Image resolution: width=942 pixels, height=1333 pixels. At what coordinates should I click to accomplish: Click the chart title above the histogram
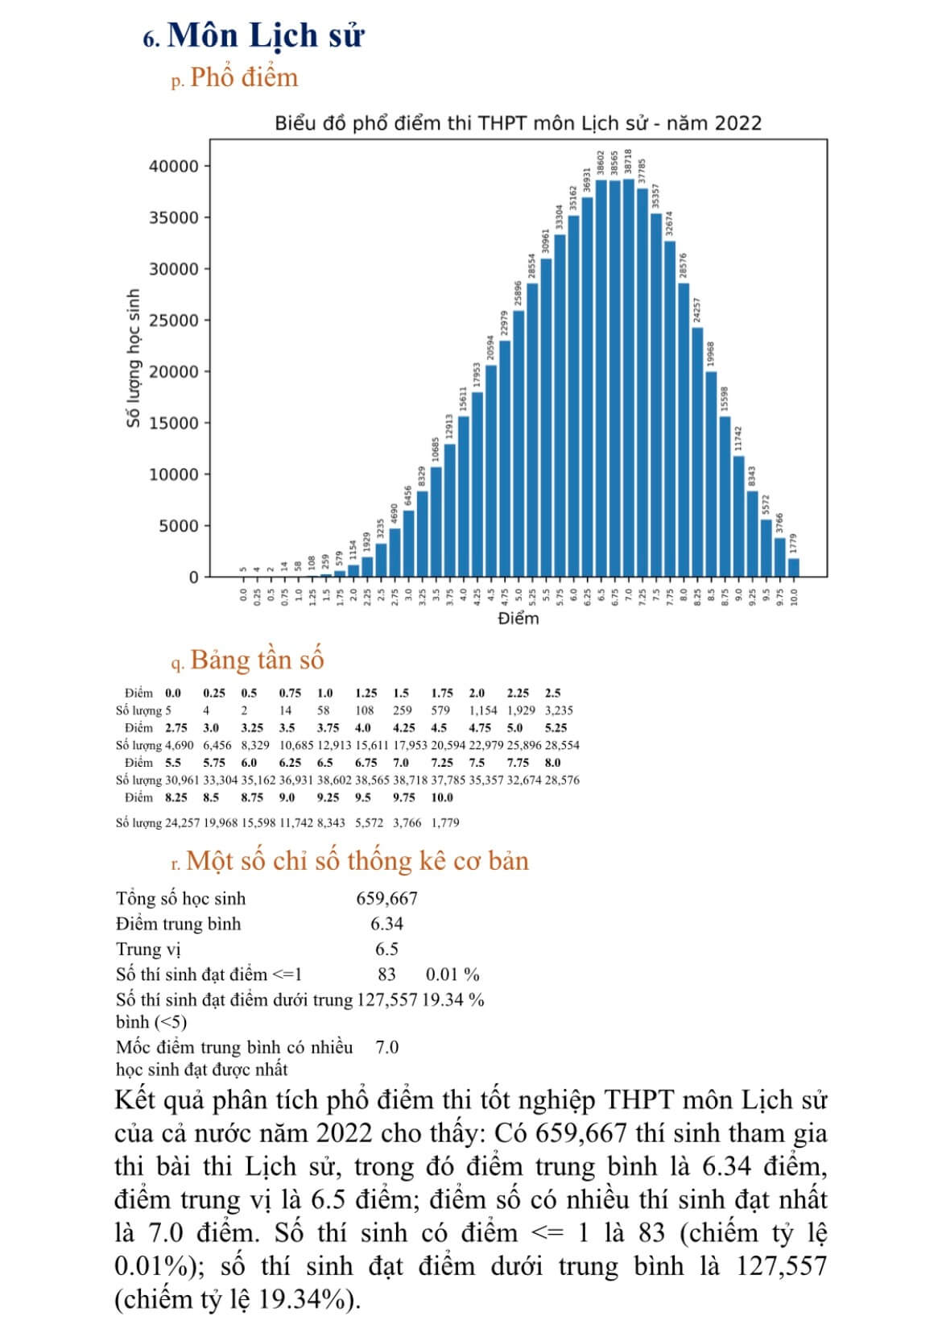[518, 123]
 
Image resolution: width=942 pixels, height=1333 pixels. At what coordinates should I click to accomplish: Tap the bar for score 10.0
[793, 567]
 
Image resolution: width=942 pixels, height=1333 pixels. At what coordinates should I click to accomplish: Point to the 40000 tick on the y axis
[174, 166]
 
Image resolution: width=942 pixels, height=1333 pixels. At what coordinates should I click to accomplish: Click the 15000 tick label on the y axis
[174, 423]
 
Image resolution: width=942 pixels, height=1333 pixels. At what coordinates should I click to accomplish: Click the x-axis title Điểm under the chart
[518, 619]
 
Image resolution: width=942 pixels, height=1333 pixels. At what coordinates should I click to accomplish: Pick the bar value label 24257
[697, 311]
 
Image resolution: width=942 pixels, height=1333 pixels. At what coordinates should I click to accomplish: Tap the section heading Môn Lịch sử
[266, 35]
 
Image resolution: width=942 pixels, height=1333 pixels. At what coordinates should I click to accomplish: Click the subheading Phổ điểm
[244, 77]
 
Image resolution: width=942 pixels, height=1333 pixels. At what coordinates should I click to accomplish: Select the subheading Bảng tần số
[257, 660]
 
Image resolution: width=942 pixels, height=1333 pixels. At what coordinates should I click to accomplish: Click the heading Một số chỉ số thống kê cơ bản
[357, 861]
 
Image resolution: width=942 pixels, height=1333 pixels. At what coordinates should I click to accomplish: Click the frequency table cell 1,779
[445, 822]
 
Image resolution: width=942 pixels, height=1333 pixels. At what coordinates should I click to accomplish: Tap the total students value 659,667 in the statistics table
[386, 898]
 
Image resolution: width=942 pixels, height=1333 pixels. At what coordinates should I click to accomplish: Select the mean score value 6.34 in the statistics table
[386, 924]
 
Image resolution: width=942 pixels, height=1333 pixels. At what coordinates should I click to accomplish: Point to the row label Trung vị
[148, 949]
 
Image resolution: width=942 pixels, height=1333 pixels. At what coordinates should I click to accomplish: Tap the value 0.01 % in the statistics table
[452, 975]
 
